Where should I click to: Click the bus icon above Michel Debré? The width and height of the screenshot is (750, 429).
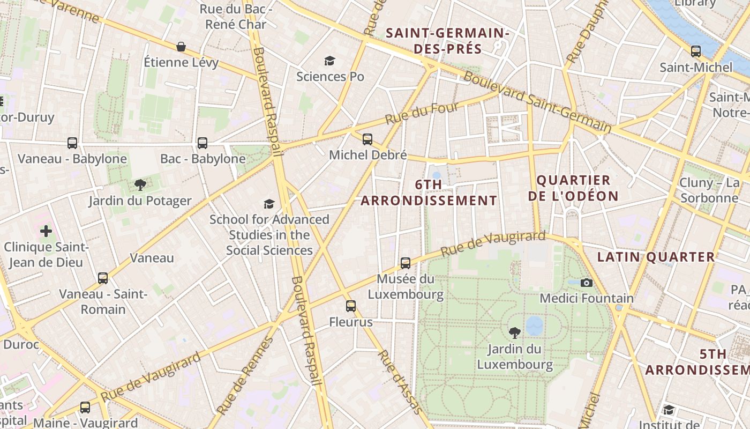coord(367,139)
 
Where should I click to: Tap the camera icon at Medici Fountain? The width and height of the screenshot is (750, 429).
coord(587,283)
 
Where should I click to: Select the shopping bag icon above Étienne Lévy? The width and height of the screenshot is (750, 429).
coord(181,47)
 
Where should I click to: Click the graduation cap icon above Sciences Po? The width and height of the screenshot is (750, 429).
coord(329,61)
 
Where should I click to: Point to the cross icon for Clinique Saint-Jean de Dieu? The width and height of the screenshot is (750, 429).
coord(46,231)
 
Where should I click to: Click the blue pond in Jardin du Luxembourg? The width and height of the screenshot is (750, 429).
coord(534,325)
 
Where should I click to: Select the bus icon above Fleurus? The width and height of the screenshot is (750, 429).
coord(351,306)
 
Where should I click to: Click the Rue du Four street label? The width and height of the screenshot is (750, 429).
coord(423,114)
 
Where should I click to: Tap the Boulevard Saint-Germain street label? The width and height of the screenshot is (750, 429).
coord(537,102)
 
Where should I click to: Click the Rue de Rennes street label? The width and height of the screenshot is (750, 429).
coord(246,375)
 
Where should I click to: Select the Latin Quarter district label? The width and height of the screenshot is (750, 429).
coord(656,257)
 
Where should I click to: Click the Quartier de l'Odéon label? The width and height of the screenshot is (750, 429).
coord(573,188)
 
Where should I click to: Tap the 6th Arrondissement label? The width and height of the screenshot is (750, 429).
coord(429,193)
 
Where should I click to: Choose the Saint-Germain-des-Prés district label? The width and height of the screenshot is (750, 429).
coord(447,41)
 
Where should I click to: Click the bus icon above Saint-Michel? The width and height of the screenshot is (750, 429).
coord(696,51)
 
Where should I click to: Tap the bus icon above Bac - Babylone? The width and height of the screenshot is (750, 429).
coord(202,143)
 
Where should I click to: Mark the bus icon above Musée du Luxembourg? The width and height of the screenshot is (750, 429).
coord(406,263)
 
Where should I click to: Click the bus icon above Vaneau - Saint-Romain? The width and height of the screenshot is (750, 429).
coord(103,278)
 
